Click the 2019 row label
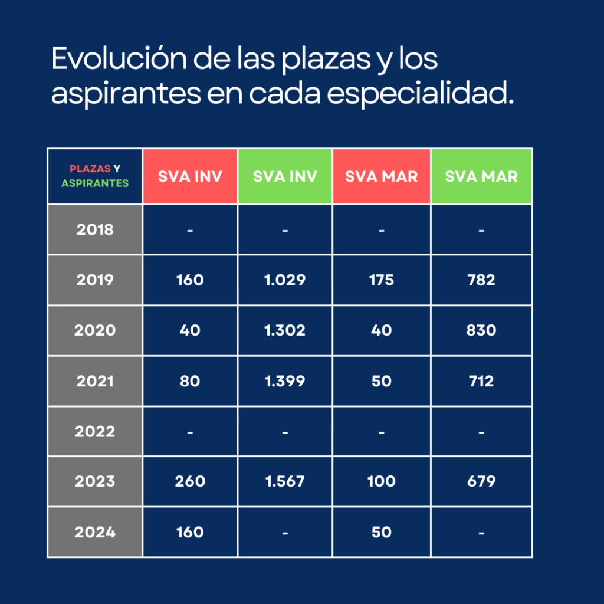tap(95, 280)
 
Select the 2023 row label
tap(95, 481)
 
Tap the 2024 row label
tap(95, 532)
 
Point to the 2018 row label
tap(95, 229)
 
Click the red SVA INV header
tap(190, 176)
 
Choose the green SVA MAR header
tap(481, 176)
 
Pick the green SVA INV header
tap(285, 176)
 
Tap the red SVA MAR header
tap(382, 176)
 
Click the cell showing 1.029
tap(285, 280)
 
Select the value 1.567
tap(285, 481)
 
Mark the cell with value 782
tap(481, 280)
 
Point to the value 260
tap(190, 481)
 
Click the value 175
tap(382, 280)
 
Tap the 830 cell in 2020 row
tap(481, 330)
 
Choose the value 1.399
tap(285, 381)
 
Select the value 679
tap(481, 481)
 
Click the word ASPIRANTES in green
tap(95, 183)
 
